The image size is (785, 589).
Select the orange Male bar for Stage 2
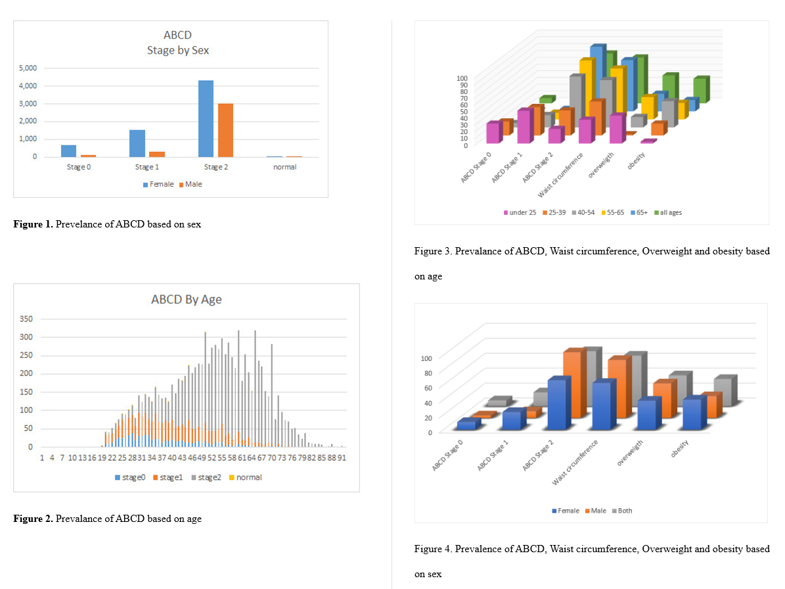click(225, 130)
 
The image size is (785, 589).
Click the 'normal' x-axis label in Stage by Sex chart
click(284, 167)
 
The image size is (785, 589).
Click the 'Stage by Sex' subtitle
click(177, 50)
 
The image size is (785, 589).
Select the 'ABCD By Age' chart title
click(186, 300)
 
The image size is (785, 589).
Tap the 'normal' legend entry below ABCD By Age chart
click(244, 477)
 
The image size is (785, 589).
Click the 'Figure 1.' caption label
click(33, 224)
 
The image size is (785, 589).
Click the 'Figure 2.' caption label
click(33, 519)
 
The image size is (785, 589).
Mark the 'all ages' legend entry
click(670, 212)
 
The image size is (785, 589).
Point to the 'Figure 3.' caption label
click(433, 252)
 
